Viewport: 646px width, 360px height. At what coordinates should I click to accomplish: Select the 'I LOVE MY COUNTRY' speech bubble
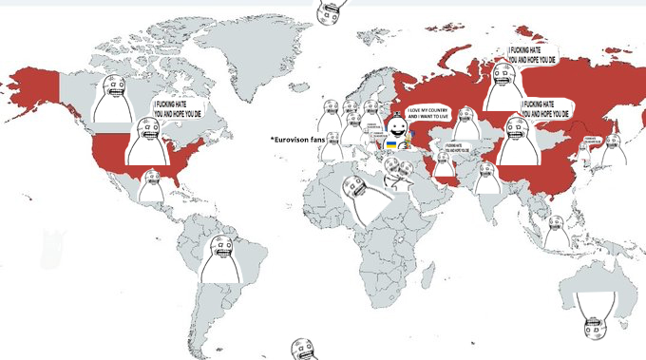427,113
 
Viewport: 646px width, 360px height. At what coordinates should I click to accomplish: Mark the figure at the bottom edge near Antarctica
303,349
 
